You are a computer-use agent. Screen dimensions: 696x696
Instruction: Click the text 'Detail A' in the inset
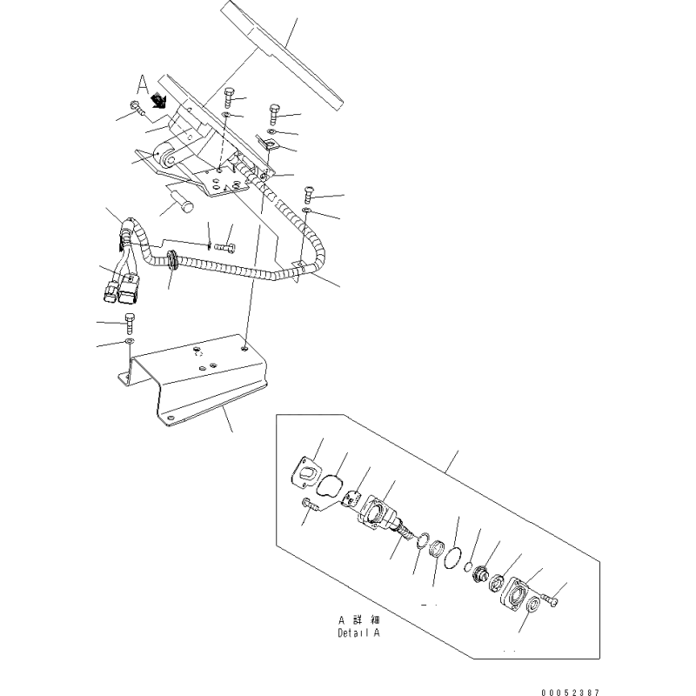click(358, 632)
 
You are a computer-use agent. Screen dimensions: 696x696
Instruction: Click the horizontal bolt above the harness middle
click(224, 248)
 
